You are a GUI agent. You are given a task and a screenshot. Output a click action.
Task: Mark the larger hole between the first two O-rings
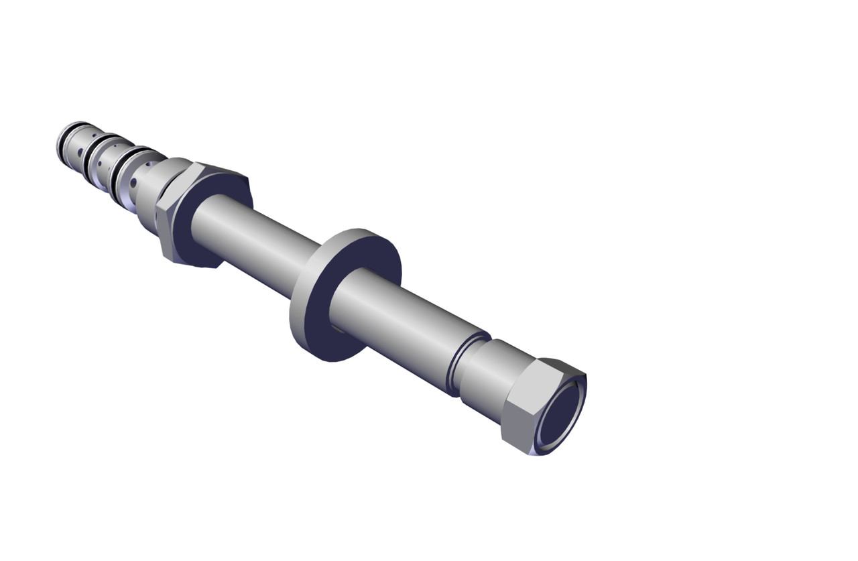(80, 153)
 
